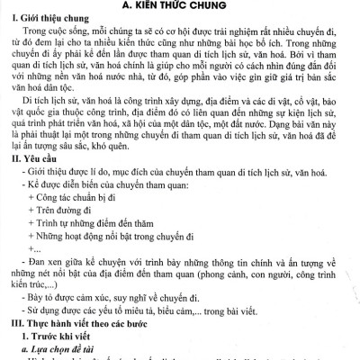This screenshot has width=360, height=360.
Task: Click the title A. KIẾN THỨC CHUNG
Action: click(180, 7)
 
